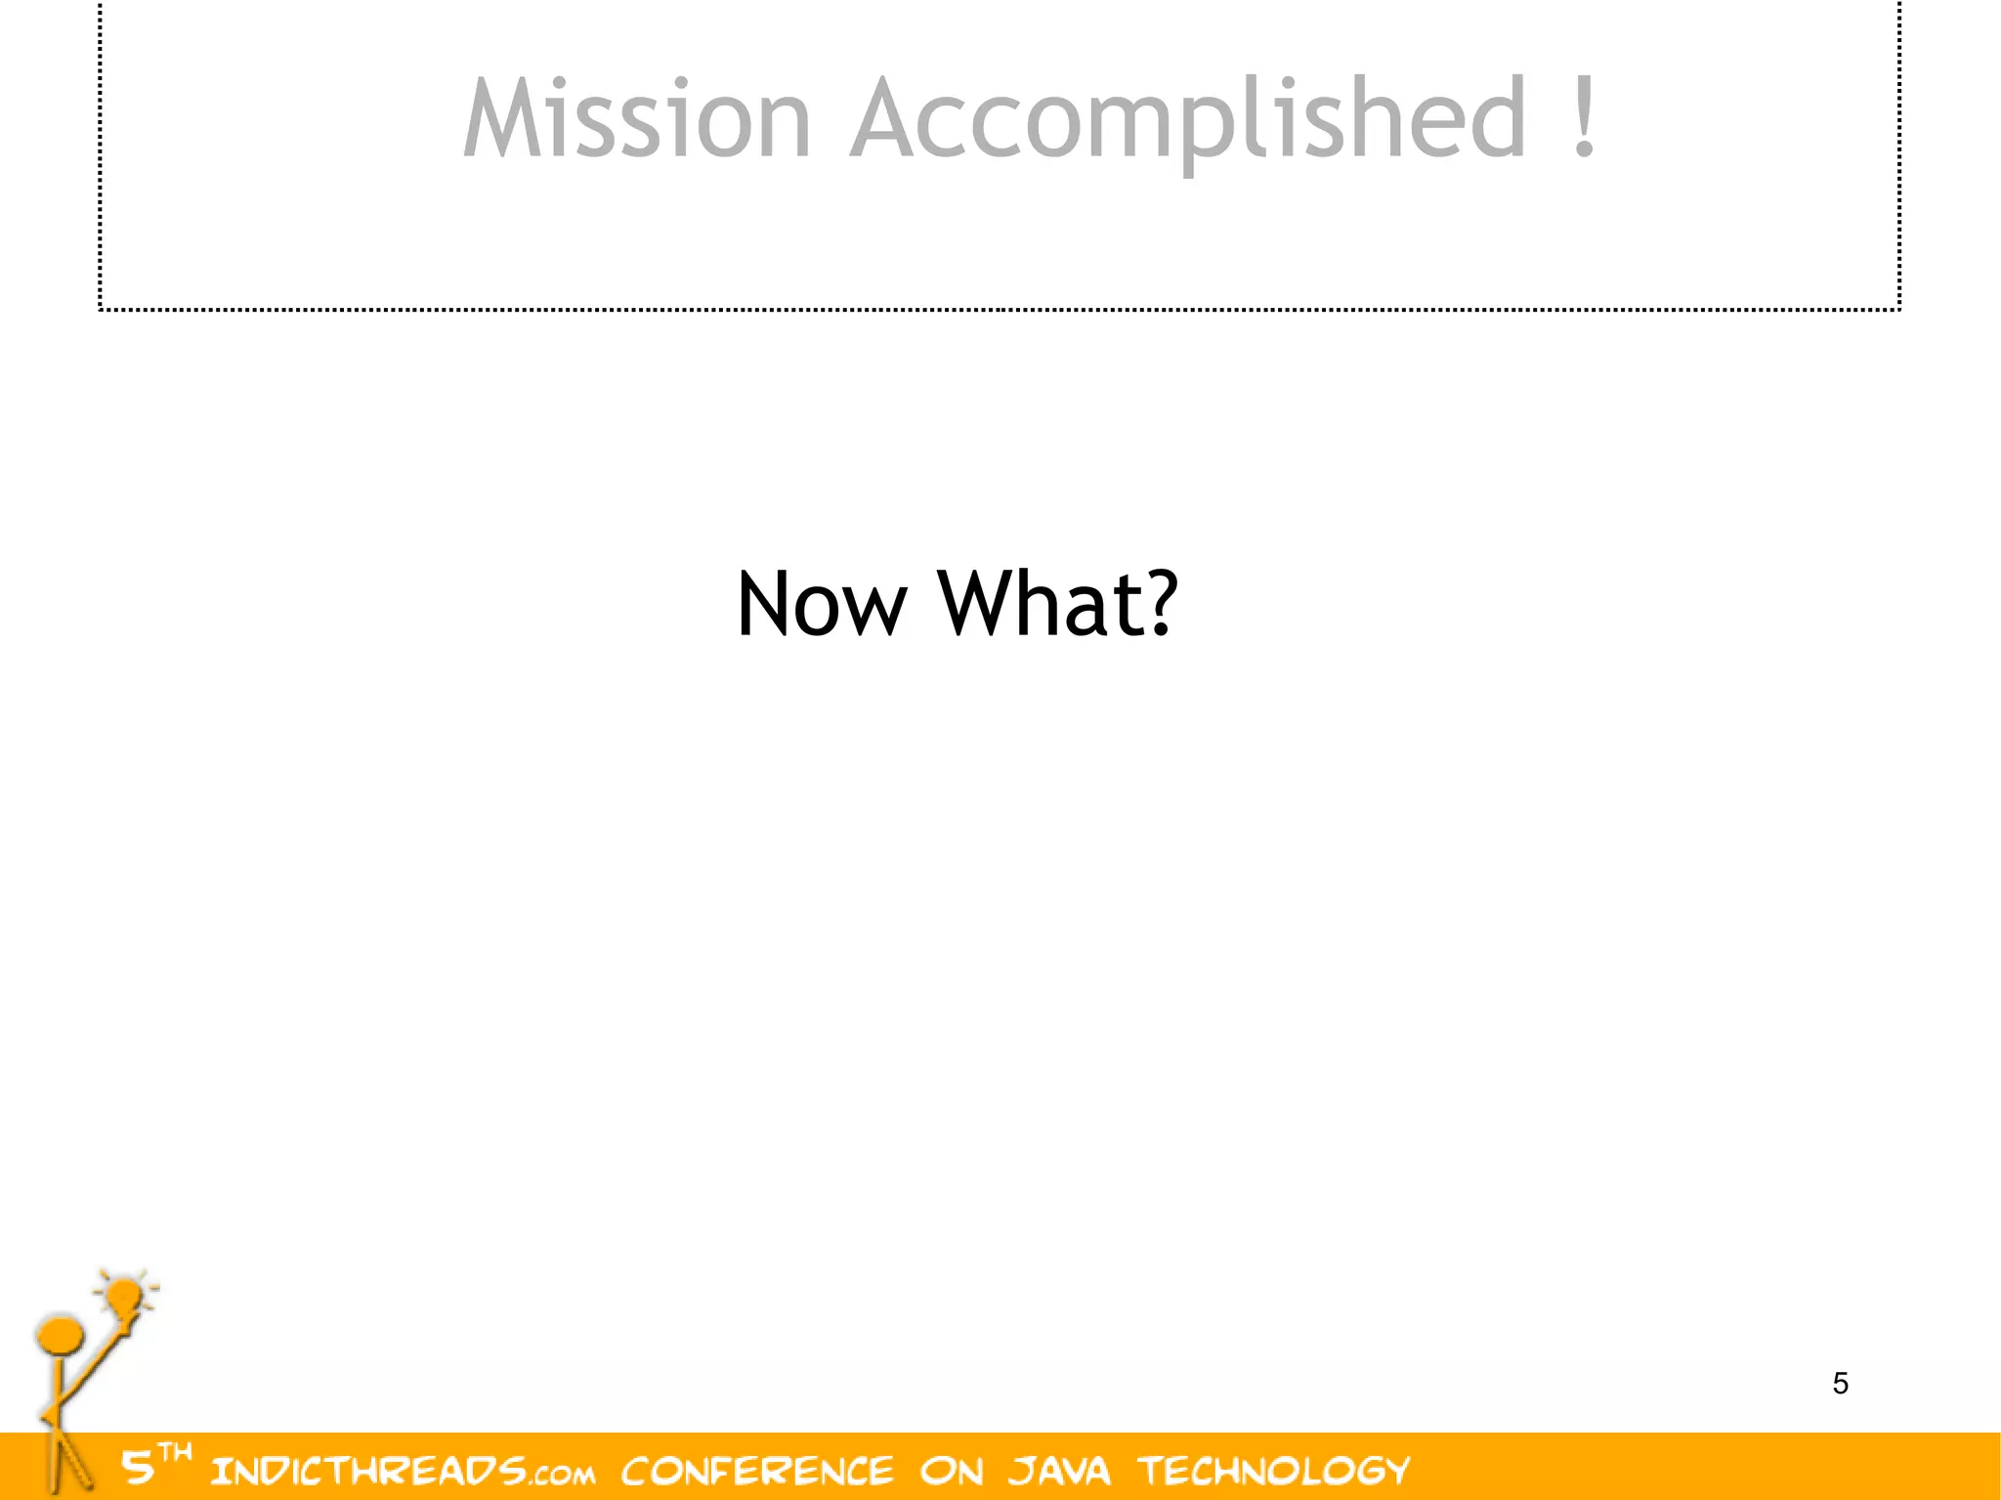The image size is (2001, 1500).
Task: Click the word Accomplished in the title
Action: pos(1188,119)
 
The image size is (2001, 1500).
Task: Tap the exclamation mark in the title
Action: pos(1585,117)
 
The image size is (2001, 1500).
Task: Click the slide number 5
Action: pos(1841,1384)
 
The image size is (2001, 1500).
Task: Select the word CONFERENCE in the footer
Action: pos(757,1471)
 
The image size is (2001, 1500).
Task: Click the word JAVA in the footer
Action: pos(1060,1471)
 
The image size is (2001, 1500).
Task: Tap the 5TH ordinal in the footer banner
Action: pos(154,1464)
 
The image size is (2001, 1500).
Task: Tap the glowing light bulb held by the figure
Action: pos(125,1298)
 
